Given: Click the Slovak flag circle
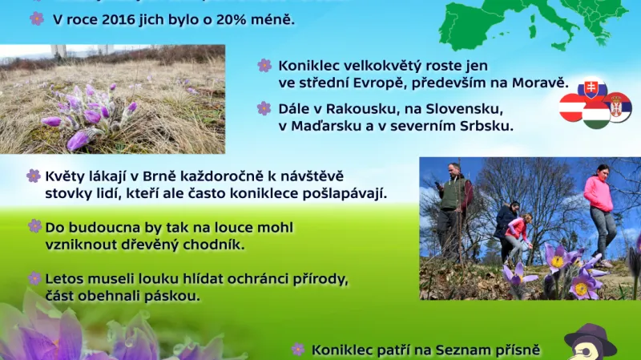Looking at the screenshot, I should tap(592, 91).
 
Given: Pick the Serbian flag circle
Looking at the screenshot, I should tap(618, 107).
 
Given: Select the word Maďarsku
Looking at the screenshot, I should tap(330, 126).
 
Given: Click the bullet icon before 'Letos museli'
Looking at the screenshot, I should tap(34, 278).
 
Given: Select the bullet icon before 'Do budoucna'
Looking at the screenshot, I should tap(34, 227).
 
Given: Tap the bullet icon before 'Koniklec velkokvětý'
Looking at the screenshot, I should tap(264, 66).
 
